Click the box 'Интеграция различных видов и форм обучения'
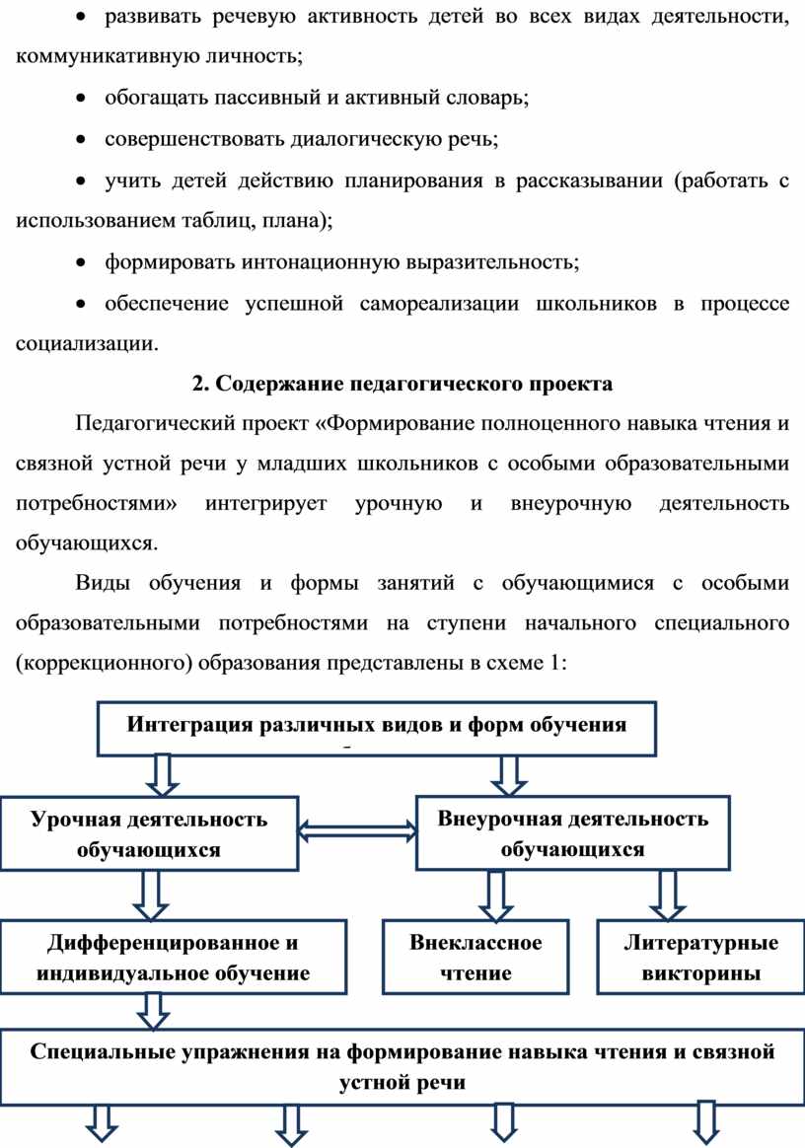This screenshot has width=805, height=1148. point(377,729)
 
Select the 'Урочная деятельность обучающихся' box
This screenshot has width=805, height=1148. point(149,834)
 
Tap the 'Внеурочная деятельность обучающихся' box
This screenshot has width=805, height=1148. point(573,833)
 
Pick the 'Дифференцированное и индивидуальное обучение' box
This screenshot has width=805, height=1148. point(173,958)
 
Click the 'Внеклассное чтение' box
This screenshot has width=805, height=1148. point(476,958)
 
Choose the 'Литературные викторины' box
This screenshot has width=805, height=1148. point(701,958)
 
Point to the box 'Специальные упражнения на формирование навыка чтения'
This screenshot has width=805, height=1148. point(402,1067)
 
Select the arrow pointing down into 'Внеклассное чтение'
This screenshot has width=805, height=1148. point(496,897)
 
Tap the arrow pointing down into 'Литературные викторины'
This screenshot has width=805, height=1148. point(667,896)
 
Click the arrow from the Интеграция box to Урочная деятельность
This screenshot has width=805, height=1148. point(162,776)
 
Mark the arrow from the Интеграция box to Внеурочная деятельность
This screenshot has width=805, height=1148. point(509,776)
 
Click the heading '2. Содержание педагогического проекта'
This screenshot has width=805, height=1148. point(402,384)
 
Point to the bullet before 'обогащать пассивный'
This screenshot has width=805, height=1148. point(83,98)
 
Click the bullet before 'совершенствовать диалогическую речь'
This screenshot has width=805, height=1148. point(83,139)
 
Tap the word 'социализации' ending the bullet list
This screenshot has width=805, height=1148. point(87,343)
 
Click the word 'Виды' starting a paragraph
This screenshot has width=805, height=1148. point(103,584)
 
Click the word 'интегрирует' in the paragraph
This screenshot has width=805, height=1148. point(266,504)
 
